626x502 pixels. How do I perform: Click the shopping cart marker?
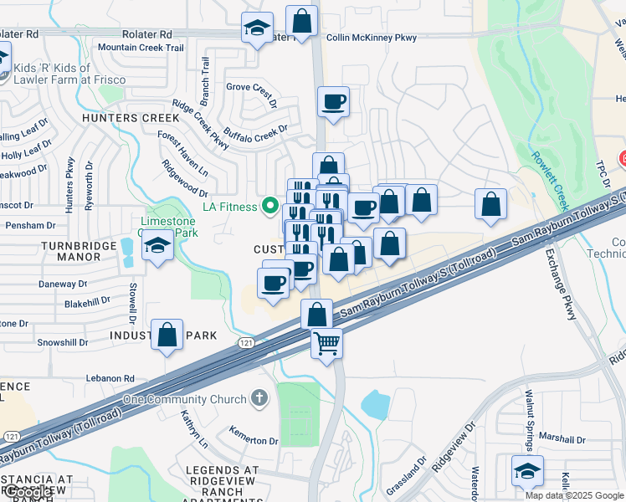326,342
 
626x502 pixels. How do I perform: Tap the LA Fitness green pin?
269,204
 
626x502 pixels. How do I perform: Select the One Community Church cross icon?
260,398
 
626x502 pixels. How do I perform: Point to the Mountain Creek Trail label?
141,48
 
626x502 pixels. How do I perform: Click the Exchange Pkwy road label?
561,284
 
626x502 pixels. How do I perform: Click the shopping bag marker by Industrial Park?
167,335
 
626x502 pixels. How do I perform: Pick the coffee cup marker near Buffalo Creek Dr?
333,103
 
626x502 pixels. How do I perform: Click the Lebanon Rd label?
110,378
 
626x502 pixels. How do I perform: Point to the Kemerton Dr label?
255,440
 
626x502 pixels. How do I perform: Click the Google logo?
28,493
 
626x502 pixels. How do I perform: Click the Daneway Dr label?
70,284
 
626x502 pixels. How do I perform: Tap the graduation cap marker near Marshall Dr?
527,471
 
